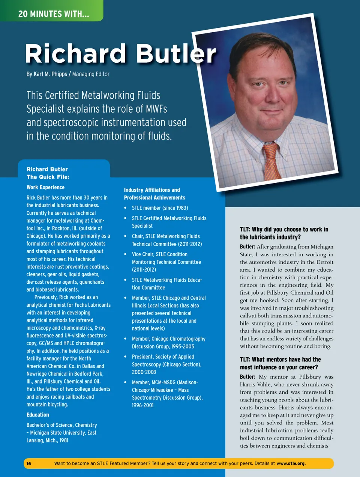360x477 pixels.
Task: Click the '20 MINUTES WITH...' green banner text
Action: (x=54, y=14)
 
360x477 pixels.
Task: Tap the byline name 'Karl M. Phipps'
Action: (x=50, y=74)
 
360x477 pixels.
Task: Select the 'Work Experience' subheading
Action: (x=45, y=187)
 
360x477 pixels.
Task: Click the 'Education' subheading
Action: (x=37, y=415)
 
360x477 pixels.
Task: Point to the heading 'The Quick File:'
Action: (x=48, y=177)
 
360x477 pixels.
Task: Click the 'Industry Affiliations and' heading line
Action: (x=152, y=190)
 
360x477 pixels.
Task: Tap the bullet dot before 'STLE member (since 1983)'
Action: (x=125, y=208)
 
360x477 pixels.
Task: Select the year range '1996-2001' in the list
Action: (x=142, y=405)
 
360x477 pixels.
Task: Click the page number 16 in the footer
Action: (x=29, y=463)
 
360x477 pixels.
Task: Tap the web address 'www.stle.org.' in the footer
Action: (x=291, y=463)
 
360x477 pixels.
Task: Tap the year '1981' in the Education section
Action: (x=63, y=440)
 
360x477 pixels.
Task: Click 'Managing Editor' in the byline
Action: (x=91, y=74)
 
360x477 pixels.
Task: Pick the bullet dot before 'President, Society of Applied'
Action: (x=125, y=357)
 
